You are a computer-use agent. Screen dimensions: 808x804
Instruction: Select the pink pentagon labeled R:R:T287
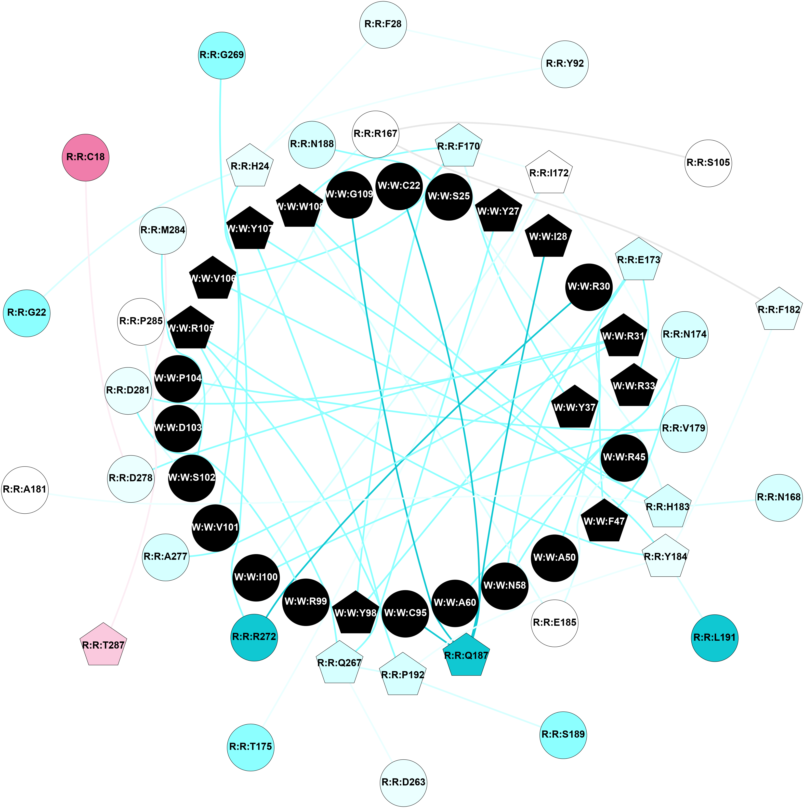[103, 645]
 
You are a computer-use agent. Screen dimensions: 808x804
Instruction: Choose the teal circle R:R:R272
[254, 637]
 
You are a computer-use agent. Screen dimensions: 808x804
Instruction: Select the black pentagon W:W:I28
[548, 237]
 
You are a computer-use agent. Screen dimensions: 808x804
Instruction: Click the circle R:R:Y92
[565, 64]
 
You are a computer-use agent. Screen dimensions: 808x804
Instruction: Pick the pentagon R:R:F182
[779, 310]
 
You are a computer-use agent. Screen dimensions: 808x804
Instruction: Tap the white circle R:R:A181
[25, 490]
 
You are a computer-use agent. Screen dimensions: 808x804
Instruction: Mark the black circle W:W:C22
[399, 186]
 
